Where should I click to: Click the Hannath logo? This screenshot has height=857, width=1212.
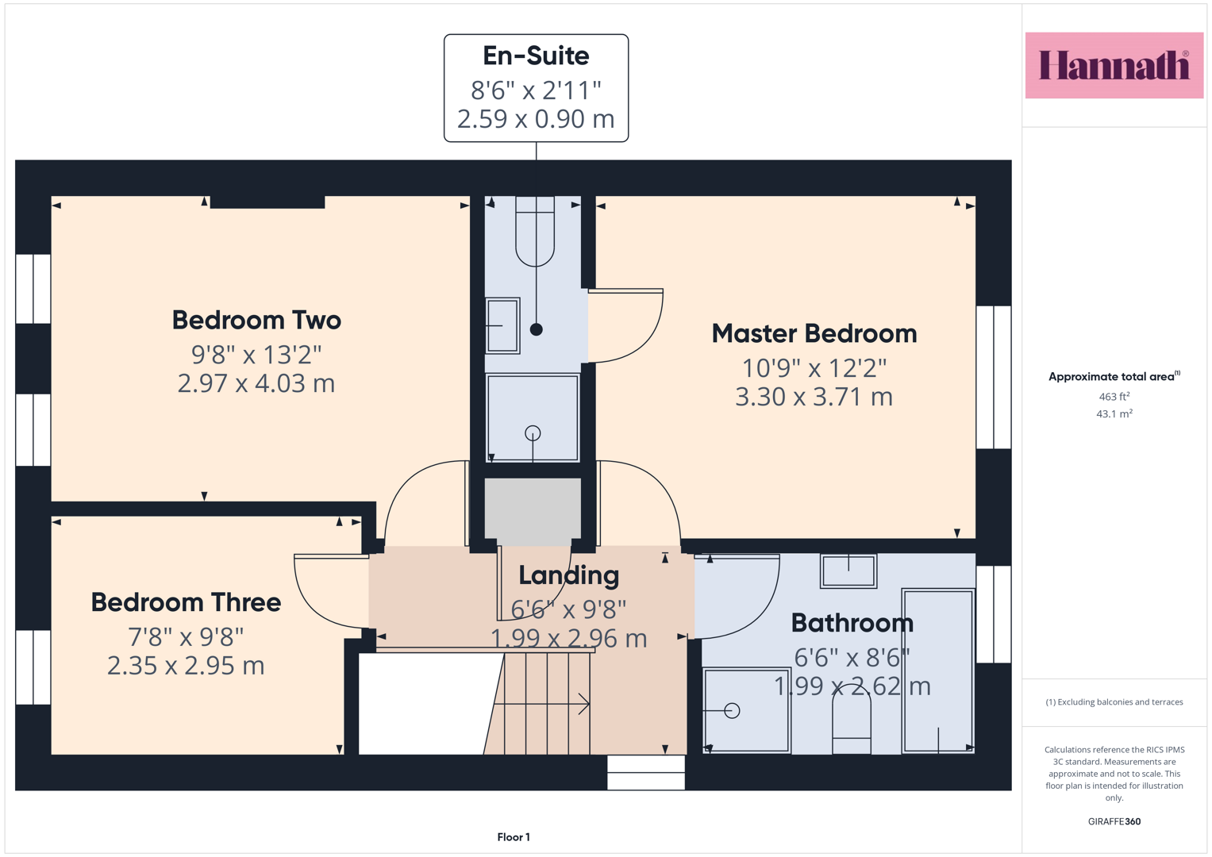1114,65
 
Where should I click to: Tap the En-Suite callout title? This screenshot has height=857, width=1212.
536,56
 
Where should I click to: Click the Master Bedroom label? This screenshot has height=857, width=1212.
814,333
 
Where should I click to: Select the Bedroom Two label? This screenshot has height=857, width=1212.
256,320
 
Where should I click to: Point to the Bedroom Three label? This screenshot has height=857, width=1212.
186,602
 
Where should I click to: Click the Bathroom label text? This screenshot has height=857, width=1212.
852,623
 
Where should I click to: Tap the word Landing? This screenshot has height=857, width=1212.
568,576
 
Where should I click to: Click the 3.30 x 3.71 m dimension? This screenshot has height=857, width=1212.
814,397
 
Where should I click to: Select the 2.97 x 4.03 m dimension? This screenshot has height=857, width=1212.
256,383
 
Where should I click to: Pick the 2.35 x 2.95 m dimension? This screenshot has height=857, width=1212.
186,666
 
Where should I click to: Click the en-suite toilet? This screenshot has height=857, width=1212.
535,232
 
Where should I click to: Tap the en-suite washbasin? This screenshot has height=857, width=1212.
502,325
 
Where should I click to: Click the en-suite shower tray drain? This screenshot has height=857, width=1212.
533,433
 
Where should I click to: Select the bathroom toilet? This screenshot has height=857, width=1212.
851,720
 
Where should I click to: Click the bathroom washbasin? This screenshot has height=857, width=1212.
848,571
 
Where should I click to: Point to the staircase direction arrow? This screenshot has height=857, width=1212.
541,704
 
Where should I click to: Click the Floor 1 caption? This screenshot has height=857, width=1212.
514,837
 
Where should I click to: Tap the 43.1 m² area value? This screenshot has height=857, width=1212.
1114,414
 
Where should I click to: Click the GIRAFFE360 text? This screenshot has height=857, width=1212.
1114,821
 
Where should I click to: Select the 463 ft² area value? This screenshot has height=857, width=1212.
1114,397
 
